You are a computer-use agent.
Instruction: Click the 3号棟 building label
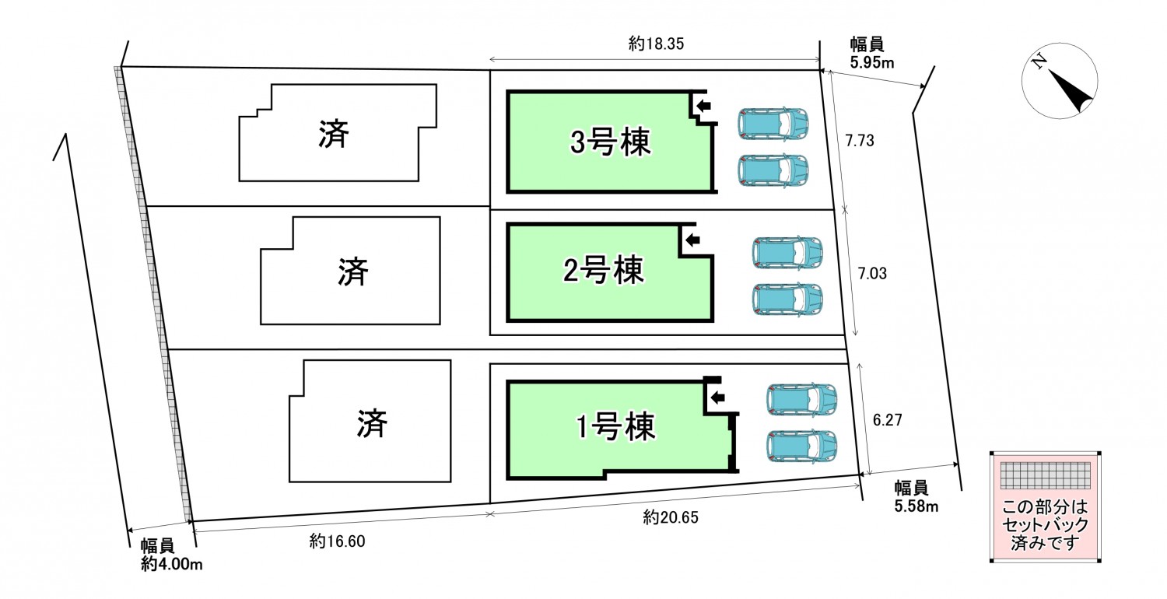tap(610, 143)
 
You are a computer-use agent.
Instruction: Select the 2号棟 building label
tap(603, 271)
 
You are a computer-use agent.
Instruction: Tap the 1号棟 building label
tap(615, 426)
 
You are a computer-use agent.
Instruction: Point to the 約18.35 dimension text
tap(655, 45)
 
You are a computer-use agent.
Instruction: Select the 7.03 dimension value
tap(871, 273)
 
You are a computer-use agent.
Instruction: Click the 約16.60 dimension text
tap(337, 539)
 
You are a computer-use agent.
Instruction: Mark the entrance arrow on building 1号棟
tap(717, 398)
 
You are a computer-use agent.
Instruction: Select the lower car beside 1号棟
tap(801, 446)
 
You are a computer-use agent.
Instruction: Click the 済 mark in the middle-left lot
tap(353, 271)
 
